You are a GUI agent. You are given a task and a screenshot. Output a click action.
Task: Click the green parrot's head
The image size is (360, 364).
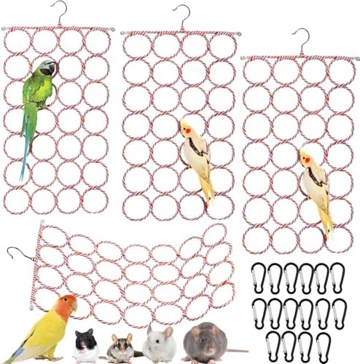pyautogui.click(x=46, y=69)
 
